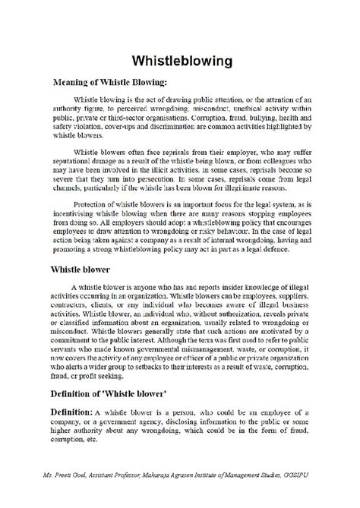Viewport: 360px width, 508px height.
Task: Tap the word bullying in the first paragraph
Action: tap(239, 119)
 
